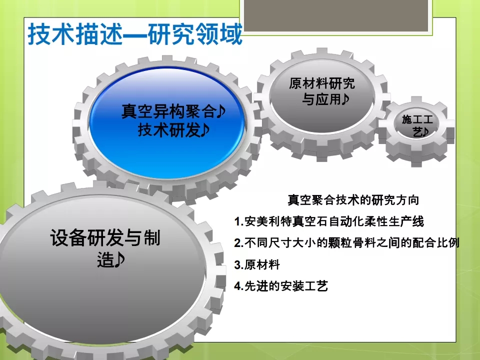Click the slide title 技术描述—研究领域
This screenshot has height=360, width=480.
(135, 34)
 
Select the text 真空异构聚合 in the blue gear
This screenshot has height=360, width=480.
(169, 111)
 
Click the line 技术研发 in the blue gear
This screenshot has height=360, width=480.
(169, 130)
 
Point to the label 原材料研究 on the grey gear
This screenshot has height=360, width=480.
(321, 83)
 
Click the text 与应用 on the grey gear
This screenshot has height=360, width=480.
(321, 99)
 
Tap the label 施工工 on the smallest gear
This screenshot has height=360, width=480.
(417, 119)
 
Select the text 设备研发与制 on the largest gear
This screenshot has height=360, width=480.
(105, 238)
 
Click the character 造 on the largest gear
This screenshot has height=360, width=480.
(105, 260)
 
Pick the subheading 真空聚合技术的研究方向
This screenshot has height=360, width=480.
(353, 200)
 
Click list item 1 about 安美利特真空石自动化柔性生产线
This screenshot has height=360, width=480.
(329, 221)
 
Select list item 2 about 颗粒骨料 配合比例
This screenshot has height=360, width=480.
(347, 243)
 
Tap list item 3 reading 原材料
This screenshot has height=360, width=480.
(257, 264)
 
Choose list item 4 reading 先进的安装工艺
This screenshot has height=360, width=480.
(281, 286)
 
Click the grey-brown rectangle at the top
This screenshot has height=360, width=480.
(336, 15)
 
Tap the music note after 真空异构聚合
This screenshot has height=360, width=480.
(221, 111)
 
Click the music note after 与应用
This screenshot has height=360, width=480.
(345, 99)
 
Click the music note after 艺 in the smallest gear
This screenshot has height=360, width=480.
(425, 132)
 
